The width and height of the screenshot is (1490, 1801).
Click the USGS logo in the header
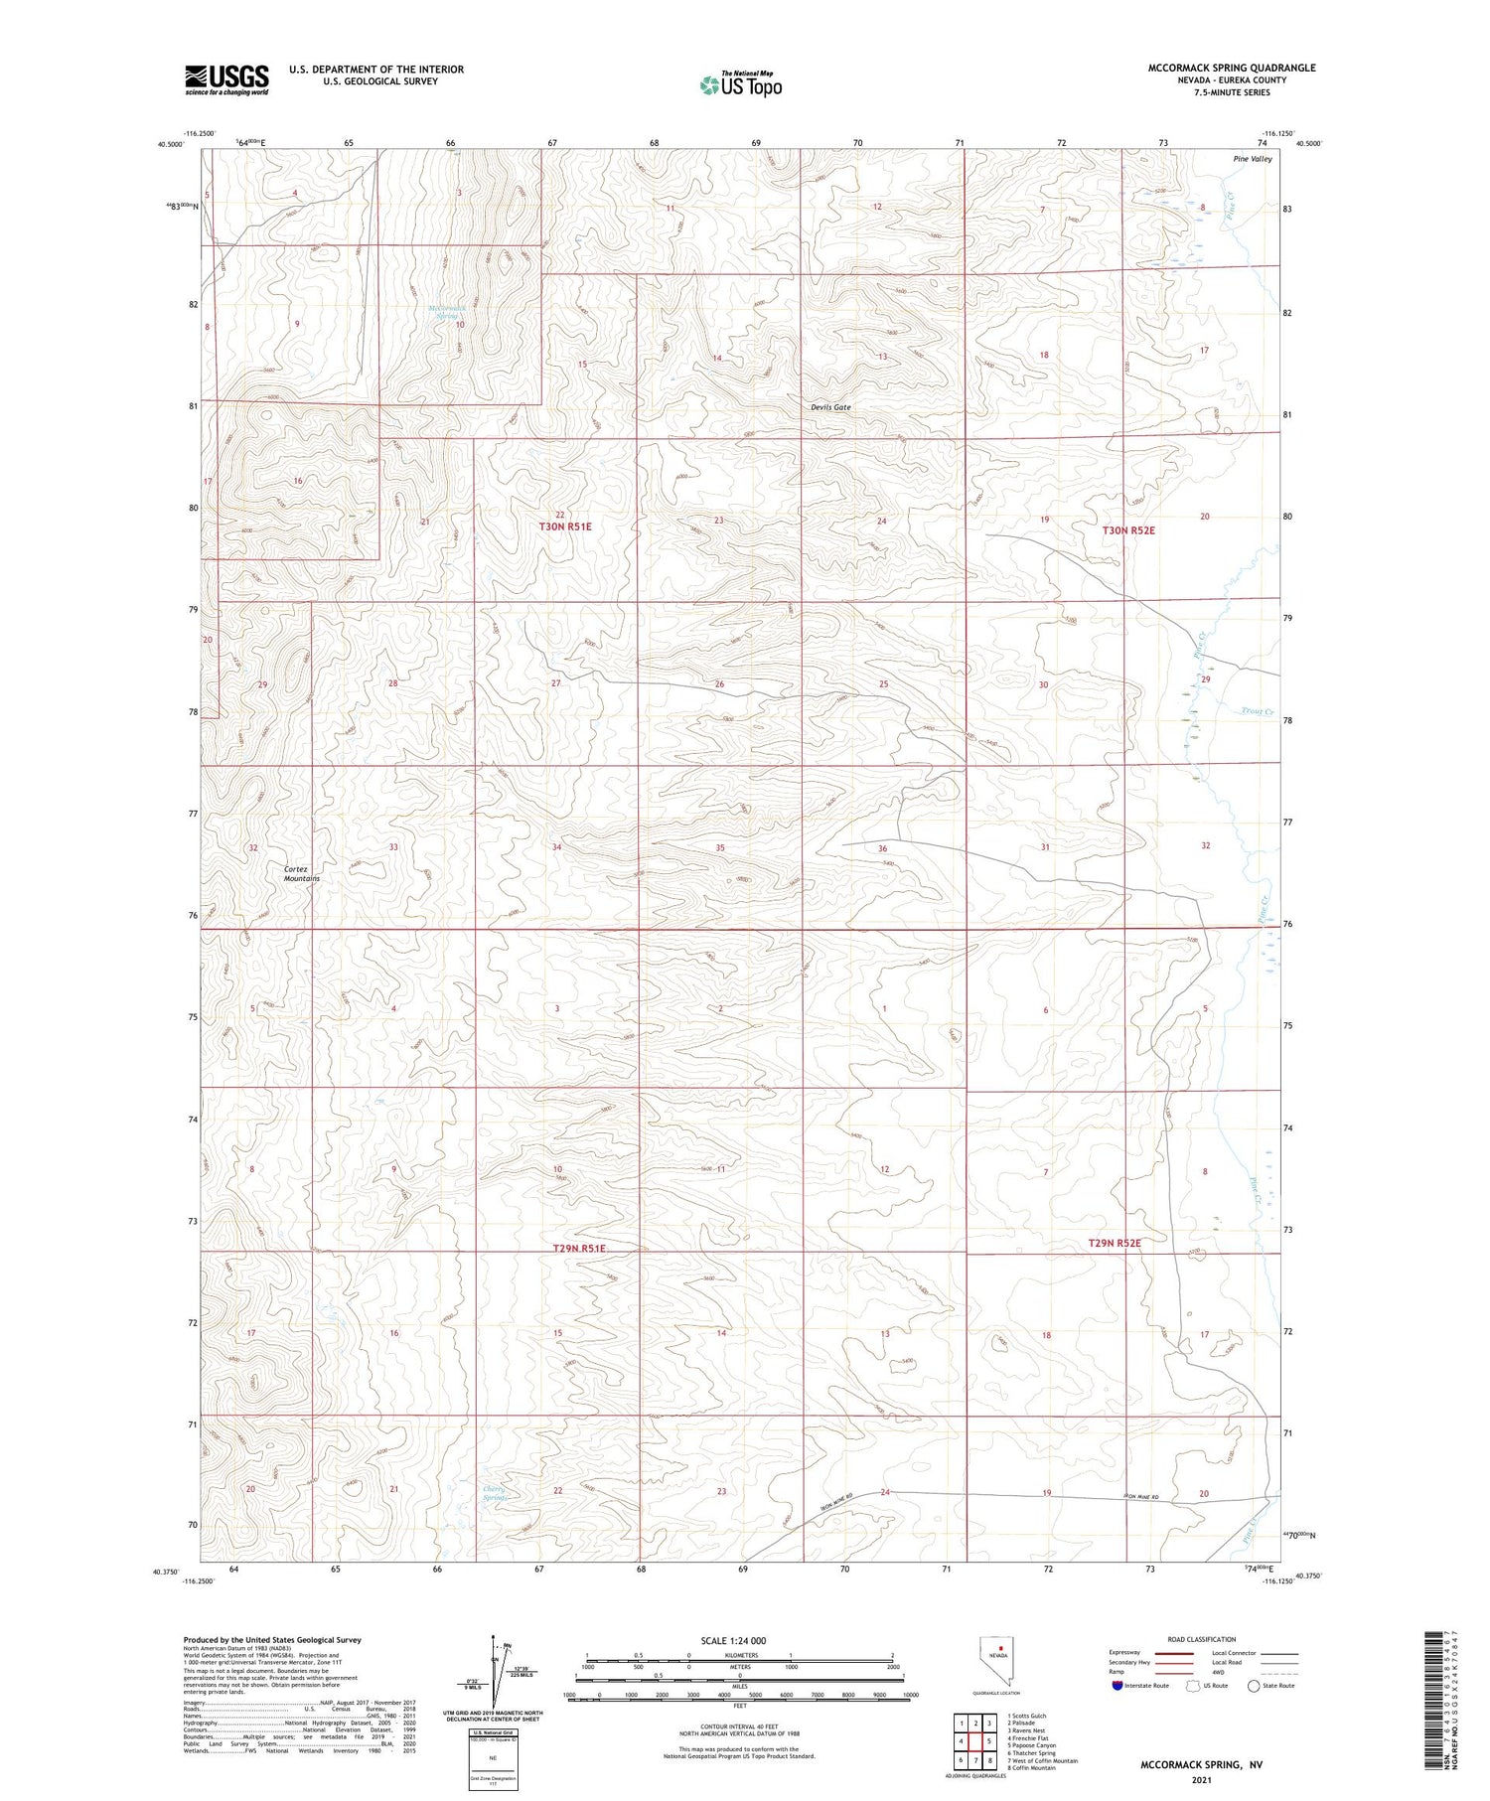[226, 79]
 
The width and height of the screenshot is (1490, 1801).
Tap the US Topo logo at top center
[740, 85]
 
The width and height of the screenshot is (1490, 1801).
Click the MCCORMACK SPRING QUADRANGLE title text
[1231, 68]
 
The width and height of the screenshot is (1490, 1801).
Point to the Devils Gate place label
[830, 407]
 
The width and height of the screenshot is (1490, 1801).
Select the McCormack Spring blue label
[447, 311]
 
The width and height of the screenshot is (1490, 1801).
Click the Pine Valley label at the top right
[1252, 159]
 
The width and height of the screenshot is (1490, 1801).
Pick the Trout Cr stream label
[1257, 711]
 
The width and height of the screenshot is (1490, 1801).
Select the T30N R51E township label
[564, 526]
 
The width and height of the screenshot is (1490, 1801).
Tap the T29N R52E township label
[1114, 1243]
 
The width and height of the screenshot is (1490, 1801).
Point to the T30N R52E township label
[1128, 530]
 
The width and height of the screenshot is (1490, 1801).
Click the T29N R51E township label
[578, 1248]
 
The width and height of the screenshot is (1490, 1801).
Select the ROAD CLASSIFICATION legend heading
[1201, 1639]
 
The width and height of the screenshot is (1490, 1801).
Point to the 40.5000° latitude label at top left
[171, 144]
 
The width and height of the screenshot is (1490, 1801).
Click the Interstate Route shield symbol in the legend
[1118, 1686]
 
